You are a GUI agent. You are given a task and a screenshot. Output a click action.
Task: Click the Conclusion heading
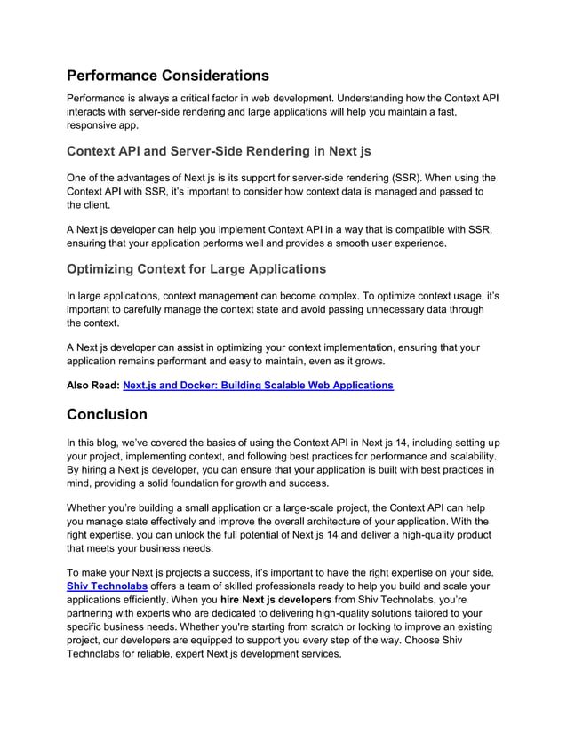tap(108, 414)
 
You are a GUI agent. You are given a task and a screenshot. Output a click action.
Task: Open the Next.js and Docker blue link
tap(245, 386)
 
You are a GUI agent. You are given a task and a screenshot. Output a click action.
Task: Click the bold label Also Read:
tap(92, 386)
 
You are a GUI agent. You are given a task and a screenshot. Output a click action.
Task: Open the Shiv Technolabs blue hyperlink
tap(108, 586)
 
